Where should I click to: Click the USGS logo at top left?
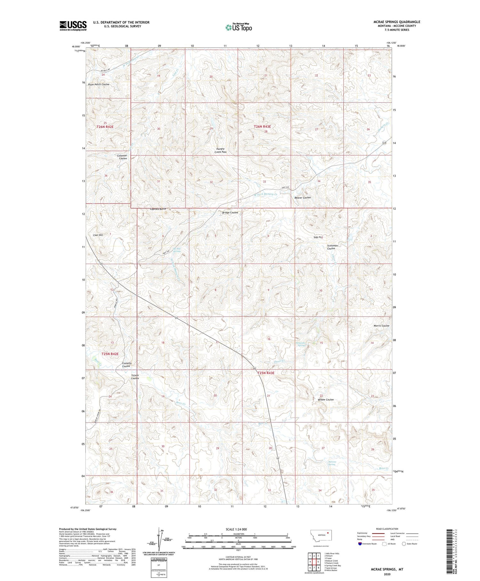(x=73, y=26)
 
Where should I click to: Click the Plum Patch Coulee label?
(x=99, y=84)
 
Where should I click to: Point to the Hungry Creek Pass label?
(x=221, y=150)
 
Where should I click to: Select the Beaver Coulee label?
(x=302, y=198)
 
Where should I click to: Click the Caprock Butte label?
(x=158, y=209)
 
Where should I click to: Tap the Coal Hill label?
(x=98, y=235)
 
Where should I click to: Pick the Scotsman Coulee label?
(x=332, y=247)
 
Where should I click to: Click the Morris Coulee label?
(x=381, y=326)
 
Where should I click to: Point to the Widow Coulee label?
(x=326, y=400)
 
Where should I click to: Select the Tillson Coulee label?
(x=135, y=377)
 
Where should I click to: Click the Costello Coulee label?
(x=127, y=365)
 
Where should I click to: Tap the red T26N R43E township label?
(x=262, y=127)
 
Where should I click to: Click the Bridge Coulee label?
(x=230, y=212)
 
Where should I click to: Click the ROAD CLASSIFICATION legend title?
(x=387, y=529)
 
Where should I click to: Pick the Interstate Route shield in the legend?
(x=360, y=544)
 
